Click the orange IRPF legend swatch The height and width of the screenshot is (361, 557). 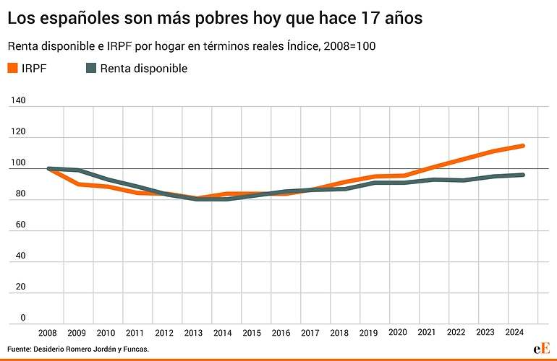(x=12, y=69)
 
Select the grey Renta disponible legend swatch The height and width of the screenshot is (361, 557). (x=91, y=69)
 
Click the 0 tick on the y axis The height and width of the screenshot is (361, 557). (x=22, y=317)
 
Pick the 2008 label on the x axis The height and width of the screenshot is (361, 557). (x=47, y=333)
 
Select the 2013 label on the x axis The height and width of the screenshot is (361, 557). (x=193, y=333)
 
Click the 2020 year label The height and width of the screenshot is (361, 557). (x=397, y=333)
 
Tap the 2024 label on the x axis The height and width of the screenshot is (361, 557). (x=514, y=333)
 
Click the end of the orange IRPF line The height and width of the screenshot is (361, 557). (x=522, y=146)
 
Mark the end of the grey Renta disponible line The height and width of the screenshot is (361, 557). (x=522, y=175)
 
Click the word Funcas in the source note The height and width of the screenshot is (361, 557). (x=132, y=349)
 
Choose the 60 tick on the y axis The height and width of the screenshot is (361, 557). (x=20, y=225)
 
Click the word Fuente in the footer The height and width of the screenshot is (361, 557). (x=21, y=349)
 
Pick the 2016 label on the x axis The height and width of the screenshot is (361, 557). (x=281, y=333)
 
